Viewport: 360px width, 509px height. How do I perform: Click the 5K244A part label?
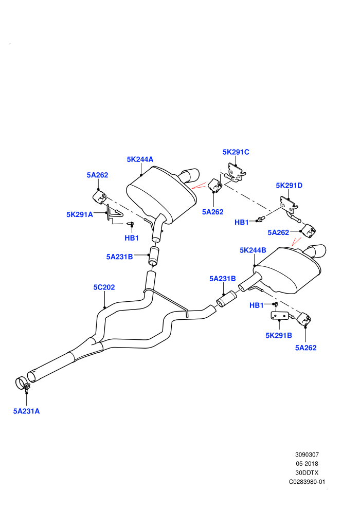(140, 159)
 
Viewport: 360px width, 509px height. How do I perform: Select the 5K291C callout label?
(236, 152)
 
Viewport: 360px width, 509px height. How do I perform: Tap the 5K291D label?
(289, 186)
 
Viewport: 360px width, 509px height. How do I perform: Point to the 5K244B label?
(253, 250)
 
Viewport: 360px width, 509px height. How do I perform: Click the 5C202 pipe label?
(104, 287)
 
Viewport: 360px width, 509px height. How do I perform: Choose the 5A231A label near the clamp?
(26, 411)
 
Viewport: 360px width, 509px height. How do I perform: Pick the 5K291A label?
(80, 214)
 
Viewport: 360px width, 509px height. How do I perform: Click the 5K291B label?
(279, 335)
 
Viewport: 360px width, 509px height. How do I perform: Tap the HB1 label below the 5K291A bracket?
(132, 238)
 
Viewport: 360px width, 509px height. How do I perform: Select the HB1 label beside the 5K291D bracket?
(242, 222)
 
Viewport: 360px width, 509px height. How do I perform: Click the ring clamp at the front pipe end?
(22, 383)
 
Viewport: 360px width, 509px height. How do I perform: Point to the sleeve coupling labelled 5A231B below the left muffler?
(154, 256)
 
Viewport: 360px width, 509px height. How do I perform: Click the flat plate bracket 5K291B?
(279, 316)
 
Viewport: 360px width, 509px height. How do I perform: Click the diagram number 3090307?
(307, 455)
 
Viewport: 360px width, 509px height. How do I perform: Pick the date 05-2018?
(307, 464)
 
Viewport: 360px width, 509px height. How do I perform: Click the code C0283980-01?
(307, 482)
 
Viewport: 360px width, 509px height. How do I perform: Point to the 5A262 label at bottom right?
(306, 348)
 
